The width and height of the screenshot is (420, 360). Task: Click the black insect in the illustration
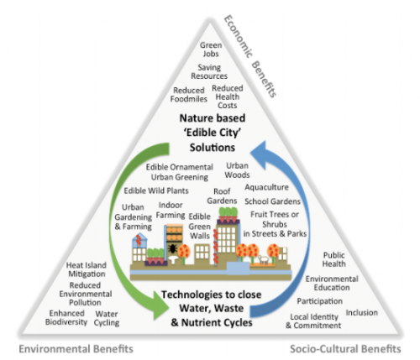172,248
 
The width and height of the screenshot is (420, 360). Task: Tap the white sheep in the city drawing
263,259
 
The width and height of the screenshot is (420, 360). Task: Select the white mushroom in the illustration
172,259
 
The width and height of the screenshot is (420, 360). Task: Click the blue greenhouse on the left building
139,240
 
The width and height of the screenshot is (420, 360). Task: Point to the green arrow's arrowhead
161,305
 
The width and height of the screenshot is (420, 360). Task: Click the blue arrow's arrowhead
258,154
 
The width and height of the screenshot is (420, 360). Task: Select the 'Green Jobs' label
211,50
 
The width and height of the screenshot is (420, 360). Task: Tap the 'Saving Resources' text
209,71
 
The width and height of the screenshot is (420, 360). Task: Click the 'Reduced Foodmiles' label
189,95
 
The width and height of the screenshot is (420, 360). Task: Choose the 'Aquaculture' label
266,187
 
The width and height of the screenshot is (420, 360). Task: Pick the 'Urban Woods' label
237,170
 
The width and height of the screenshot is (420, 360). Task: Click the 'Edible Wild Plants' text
156,190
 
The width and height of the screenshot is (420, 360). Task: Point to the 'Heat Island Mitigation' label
87,269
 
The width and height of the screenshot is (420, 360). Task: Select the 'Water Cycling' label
107,318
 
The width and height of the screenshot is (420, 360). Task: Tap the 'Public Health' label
333,259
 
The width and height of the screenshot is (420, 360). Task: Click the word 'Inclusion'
362,312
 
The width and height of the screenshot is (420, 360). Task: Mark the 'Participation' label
320,301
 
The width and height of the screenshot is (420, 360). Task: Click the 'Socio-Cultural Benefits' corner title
345,349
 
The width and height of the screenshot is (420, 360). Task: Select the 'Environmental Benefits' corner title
76,349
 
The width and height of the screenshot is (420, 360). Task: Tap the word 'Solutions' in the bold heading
213,148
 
